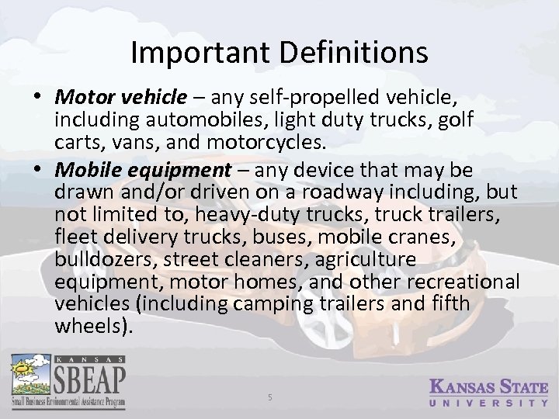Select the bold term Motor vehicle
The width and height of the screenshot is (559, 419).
(x=121, y=99)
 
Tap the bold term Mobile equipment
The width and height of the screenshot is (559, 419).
(x=144, y=169)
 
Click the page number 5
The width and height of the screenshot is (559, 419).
(x=269, y=396)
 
